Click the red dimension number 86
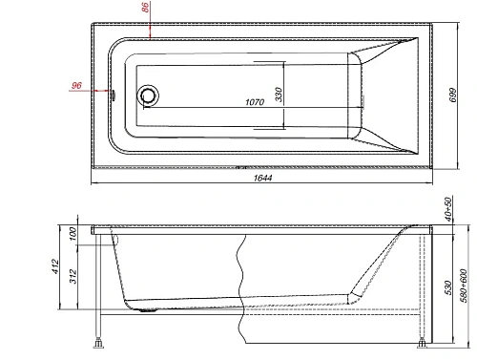pyautogui.click(x=144, y=9)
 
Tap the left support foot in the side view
pyautogui.click(x=98, y=339)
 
